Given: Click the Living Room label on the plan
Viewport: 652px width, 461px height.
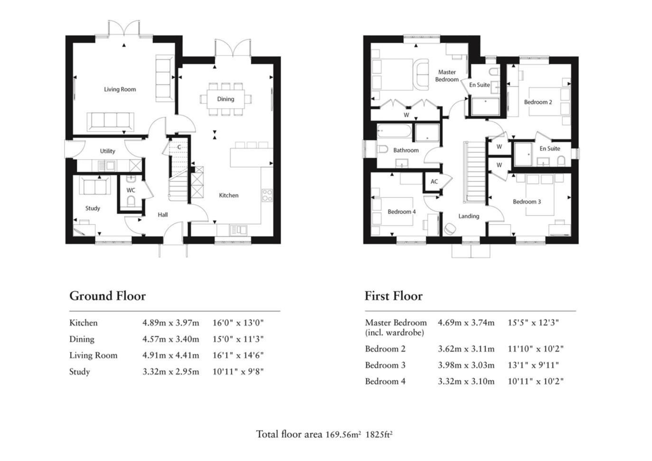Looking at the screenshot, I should tap(120, 89).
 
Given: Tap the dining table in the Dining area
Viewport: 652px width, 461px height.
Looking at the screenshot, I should tap(226, 99).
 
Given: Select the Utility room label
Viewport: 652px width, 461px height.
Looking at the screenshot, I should tap(108, 151).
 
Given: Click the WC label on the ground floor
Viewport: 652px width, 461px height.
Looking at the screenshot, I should tap(131, 190).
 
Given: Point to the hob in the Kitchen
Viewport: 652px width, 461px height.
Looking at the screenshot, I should tap(267, 195).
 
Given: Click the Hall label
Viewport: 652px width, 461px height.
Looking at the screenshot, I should tap(163, 215).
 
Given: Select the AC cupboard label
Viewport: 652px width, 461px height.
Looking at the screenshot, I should tap(434, 181).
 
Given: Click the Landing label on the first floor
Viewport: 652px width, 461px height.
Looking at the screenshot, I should tap(468, 216).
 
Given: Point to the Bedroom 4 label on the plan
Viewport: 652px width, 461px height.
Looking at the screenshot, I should tap(401, 212).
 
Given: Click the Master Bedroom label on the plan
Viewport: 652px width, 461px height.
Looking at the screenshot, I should tap(447, 76).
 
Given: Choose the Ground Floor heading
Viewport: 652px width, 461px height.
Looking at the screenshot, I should tap(108, 296).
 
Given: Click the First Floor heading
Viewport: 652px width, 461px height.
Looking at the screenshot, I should tap(394, 296).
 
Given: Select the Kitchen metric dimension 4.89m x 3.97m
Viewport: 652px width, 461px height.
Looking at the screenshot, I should tap(171, 323).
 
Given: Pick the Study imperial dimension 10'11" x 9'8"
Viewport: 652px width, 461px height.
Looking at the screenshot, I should tap(238, 372).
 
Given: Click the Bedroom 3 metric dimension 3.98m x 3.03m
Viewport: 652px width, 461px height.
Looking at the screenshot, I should tap(466, 365).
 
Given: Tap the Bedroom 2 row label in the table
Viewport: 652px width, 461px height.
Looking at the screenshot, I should tap(385, 349).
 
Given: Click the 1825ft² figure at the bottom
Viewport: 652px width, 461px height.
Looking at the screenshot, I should tap(379, 434).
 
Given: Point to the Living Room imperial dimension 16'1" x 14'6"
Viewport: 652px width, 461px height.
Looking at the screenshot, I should tap(238, 355).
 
